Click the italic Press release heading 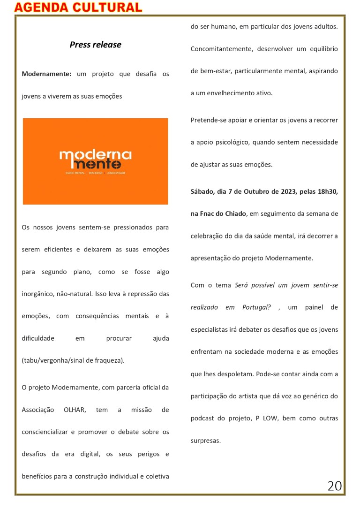(95, 45)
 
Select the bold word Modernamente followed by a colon (46, 74)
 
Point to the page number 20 (334, 486)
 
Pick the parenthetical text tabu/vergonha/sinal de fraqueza (73, 360)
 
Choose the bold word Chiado (236, 213)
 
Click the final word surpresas (205, 441)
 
